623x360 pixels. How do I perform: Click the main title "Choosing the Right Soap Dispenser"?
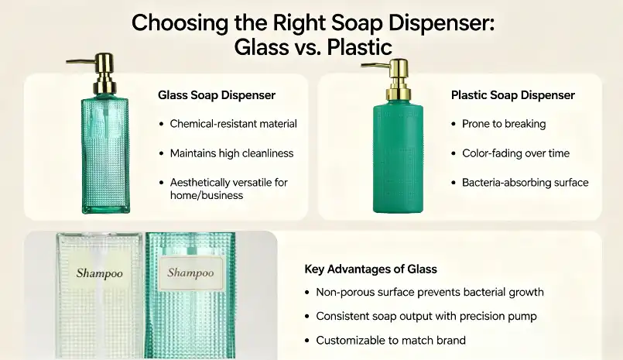tap(312, 22)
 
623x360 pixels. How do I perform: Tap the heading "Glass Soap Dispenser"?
tap(217, 95)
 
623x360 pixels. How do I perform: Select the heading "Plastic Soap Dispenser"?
tap(513, 95)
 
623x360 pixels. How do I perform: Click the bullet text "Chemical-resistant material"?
tap(233, 124)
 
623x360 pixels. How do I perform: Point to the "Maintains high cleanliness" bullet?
tap(231, 153)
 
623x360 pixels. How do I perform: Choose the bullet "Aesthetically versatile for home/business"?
tap(228, 189)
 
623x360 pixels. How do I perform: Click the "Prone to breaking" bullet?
tap(504, 124)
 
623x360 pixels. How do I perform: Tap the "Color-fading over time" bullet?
tap(515, 153)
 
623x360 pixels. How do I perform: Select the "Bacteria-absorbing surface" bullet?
tap(525, 183)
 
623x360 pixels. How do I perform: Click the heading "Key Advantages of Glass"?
tap(371, 269)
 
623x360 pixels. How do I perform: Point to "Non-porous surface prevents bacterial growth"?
tap(430, 293)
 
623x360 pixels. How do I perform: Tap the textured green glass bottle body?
tap(107, 155)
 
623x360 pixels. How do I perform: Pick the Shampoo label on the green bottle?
tap(190, 273)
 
